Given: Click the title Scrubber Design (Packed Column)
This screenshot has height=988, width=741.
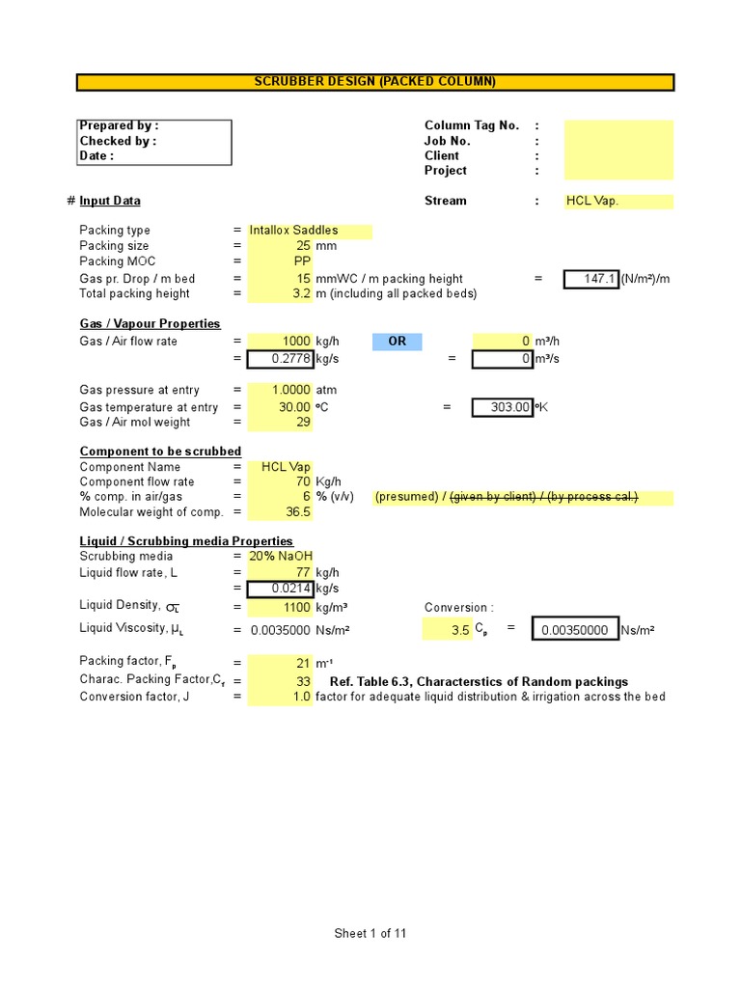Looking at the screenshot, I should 374,82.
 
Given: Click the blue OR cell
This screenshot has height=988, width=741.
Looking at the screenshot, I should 397,342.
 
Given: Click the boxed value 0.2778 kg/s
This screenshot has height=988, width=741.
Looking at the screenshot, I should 281,360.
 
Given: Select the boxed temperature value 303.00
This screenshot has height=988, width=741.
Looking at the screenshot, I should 503,408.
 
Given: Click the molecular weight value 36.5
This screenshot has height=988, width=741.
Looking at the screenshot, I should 298,512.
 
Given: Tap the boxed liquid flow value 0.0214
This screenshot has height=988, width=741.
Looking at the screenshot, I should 281,589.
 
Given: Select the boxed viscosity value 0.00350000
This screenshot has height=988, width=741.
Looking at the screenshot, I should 575,630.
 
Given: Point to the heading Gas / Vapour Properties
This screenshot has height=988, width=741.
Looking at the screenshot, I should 150,324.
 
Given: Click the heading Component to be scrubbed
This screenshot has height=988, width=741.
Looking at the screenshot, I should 160,452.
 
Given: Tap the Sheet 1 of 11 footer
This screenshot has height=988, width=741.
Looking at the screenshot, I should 370,933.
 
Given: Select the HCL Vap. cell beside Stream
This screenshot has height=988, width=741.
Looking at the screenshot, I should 617,202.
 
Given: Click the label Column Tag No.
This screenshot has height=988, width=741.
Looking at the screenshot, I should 472,125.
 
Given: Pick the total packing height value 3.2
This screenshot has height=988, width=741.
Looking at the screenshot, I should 301,294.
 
